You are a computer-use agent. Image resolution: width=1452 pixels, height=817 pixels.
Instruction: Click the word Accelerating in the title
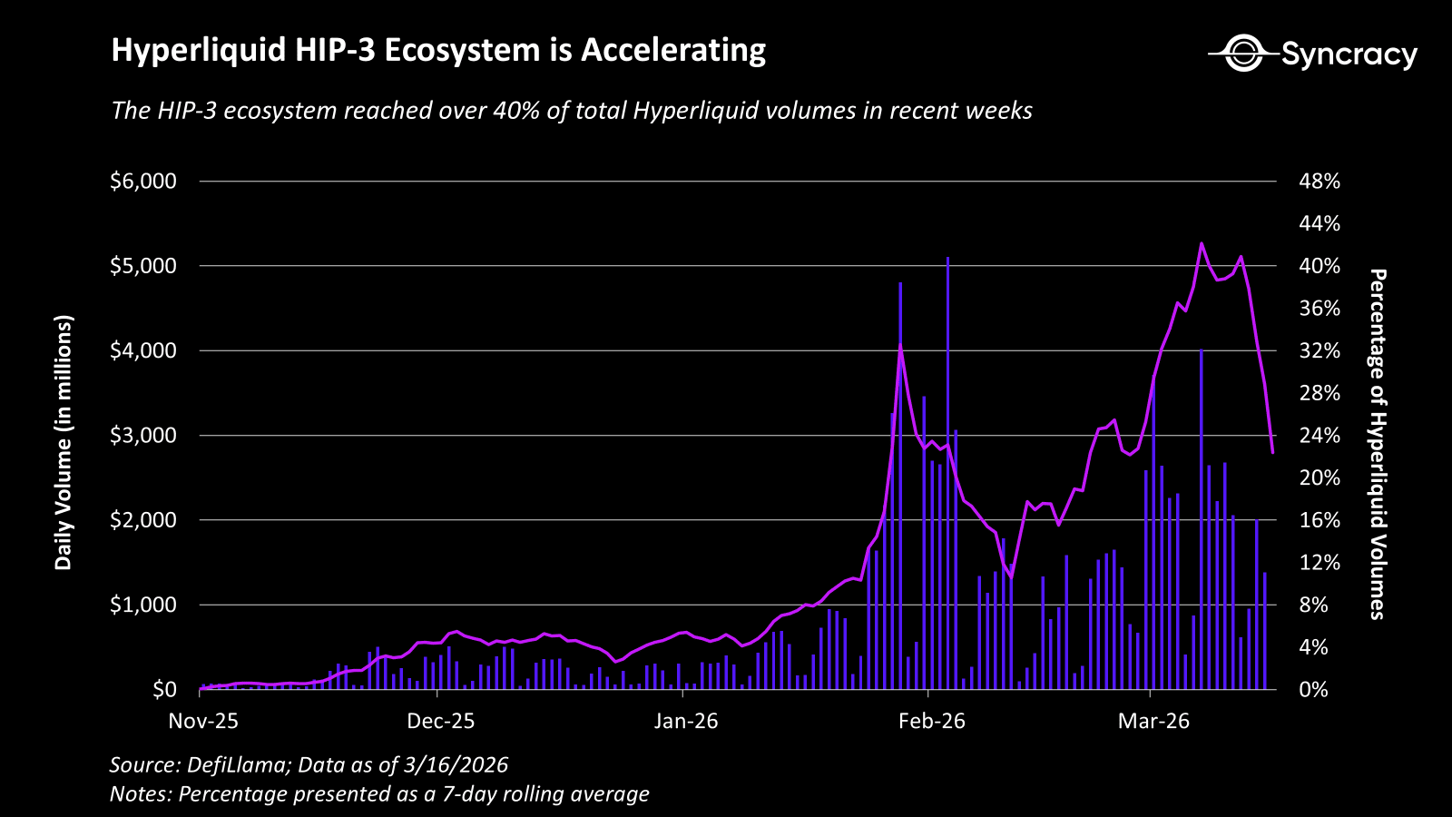point(672,50)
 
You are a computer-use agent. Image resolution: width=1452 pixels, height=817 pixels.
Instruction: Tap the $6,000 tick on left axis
point(143,181)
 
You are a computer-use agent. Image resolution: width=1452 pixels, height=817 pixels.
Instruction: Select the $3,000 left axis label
point(143,435)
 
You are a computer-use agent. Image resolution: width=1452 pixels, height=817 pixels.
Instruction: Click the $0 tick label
point(164,689)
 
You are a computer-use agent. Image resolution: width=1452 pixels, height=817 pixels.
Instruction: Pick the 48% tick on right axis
point(1319,181)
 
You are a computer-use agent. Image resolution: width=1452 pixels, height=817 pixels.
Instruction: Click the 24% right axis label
point(1319,435)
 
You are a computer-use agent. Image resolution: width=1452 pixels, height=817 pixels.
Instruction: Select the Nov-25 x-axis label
point(203,721)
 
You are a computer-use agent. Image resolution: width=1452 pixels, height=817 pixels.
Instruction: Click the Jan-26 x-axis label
point(685,721)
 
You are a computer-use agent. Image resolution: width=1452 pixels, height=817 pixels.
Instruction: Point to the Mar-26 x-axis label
point(1153,721)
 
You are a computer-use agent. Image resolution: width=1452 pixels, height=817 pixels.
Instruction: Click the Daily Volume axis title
point(63,442)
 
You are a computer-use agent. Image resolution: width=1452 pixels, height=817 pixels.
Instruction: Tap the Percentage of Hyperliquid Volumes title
point(1377,444)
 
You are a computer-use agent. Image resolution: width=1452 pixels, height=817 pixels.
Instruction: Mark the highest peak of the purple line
point(1202,243)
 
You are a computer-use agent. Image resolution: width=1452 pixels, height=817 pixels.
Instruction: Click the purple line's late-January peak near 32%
point(900,344)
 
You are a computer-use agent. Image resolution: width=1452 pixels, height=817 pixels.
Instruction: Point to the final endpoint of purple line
point(1272,452)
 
